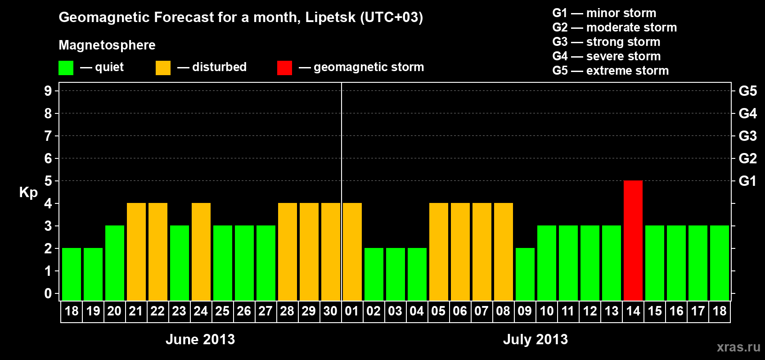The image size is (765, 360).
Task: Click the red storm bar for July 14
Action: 633,240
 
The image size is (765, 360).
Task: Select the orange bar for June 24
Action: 201,252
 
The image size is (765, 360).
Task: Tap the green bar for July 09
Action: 525,274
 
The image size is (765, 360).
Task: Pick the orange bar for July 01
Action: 352,252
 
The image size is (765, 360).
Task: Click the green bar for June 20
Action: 115,263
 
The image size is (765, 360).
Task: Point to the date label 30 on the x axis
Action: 330,311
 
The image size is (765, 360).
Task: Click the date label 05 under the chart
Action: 438,311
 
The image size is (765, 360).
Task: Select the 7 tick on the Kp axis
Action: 48,136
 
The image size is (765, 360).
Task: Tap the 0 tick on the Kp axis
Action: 48,293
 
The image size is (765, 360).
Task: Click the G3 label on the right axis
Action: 747,136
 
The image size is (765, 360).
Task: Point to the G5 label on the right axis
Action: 747,91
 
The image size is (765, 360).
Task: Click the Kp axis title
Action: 28,192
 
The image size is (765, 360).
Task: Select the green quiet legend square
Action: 66,68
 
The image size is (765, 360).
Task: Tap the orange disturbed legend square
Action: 163,68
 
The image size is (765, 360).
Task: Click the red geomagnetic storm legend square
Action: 284,68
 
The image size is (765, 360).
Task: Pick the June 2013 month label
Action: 200,339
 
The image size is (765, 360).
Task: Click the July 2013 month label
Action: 535,339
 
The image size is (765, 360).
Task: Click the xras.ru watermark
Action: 738,347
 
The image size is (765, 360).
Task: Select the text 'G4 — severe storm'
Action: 607,56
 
